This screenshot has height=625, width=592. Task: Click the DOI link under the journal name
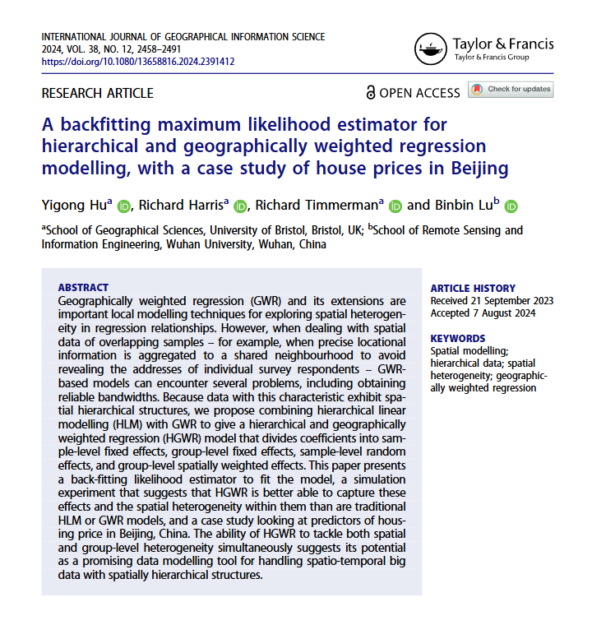[x=138, y=61]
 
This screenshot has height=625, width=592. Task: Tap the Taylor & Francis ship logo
[x=431, y=49]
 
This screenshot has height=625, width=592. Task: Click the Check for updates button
[x=511, y=90]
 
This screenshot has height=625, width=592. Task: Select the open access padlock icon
[x=371, y=93]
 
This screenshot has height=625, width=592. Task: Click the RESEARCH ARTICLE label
[x=97, y=93]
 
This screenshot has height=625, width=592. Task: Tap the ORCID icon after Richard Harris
[x=240, y=206]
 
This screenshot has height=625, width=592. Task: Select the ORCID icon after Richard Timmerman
[x=394, y=206]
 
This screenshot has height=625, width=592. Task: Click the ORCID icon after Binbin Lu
[x=511, y=206]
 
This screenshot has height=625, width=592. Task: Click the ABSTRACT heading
[x=83, y=288]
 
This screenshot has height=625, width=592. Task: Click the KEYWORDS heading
[x=458, y=339]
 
